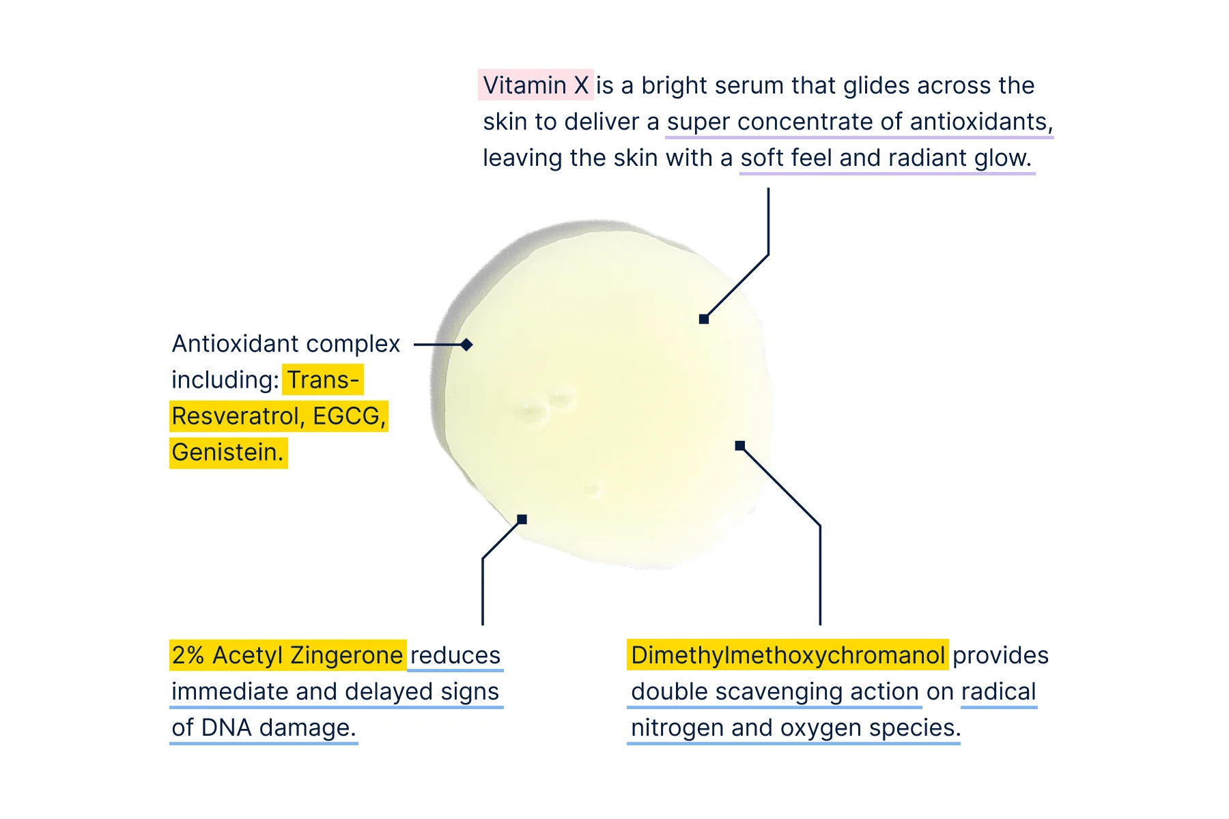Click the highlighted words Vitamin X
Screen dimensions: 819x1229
tap(535, 85)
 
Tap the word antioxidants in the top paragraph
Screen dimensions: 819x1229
tap(981, 121)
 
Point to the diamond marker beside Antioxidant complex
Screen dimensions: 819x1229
tap(466, 345)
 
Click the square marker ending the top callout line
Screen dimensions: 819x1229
tap(704, 319)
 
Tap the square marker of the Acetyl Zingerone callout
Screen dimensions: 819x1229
tap(522, 519)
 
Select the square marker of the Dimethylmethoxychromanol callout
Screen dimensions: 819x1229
tap(739, 446)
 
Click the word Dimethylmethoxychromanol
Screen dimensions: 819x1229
tap(787, 655)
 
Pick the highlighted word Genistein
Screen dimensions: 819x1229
tap(227, 452)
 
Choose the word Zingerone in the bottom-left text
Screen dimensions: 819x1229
tap(346, 655)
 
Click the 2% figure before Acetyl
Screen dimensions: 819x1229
tap(188, 655)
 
